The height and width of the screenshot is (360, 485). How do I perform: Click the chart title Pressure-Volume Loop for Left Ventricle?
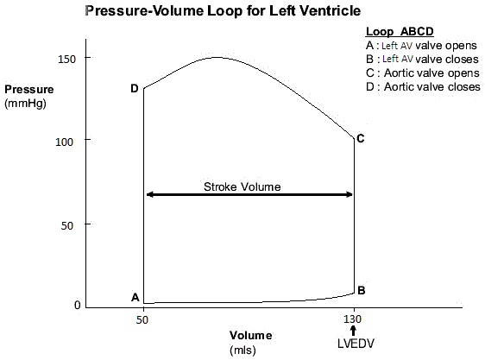[x=222, y=12]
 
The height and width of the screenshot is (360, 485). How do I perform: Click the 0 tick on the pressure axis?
[x=76, y=305]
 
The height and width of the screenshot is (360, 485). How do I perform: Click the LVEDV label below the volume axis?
[x=353, y=347]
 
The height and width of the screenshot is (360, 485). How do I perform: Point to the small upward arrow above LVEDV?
[x=353, y=332]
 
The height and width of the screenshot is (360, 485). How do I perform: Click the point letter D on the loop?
[x=135, y=88]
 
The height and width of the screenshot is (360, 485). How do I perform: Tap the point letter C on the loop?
[x=361, y=138]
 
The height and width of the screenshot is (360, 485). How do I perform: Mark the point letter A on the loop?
[x=135, y=297]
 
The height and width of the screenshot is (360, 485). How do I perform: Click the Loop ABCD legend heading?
[x=394, y=32]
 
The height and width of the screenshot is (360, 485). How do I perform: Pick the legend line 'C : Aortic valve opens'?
[x=419, y=73]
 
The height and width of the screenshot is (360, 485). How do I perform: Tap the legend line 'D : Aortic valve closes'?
[x=421, y=87]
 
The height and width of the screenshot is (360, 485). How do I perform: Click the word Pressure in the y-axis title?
[x=29, y=89]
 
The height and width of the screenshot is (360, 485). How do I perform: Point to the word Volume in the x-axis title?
[x=250, y=335]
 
